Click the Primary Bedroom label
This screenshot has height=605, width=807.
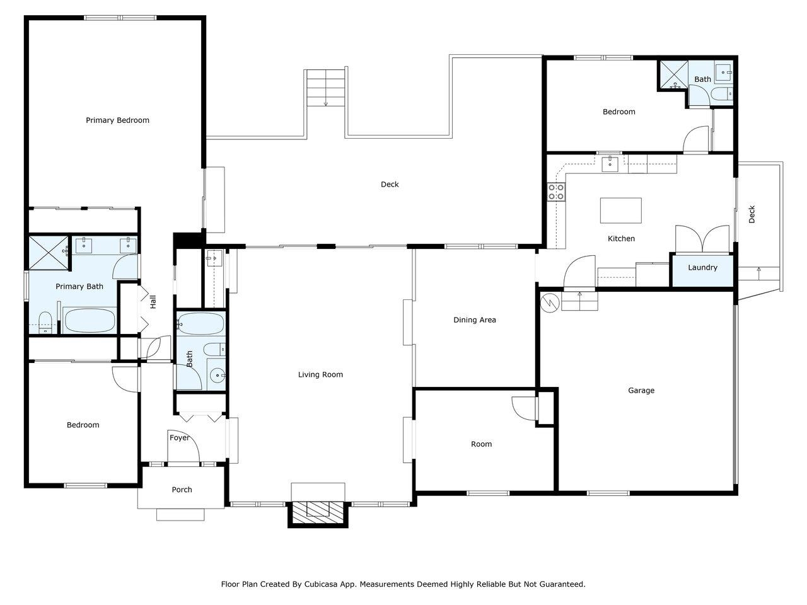point(117,120)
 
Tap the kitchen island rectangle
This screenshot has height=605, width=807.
point(620,210)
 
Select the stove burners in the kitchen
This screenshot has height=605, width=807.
point(556,192)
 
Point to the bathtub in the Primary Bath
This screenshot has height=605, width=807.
point(90,321)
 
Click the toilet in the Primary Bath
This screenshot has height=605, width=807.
point(45,323)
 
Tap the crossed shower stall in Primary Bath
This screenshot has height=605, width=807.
point(49,253)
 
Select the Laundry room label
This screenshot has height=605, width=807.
point(702,267)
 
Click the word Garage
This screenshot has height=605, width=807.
point(641,391)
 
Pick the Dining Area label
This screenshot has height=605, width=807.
point(475,320)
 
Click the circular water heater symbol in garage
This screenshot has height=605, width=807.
point(550,302)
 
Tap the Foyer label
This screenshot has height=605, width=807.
point(180,438)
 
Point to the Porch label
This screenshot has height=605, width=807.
point(182,490)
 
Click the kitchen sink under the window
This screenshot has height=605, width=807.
point(610,164)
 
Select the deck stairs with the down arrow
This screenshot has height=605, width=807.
point(326,88)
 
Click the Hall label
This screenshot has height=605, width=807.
point(153,302)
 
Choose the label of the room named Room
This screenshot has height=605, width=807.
point(481,444)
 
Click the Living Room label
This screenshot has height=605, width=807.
point(321,375)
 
